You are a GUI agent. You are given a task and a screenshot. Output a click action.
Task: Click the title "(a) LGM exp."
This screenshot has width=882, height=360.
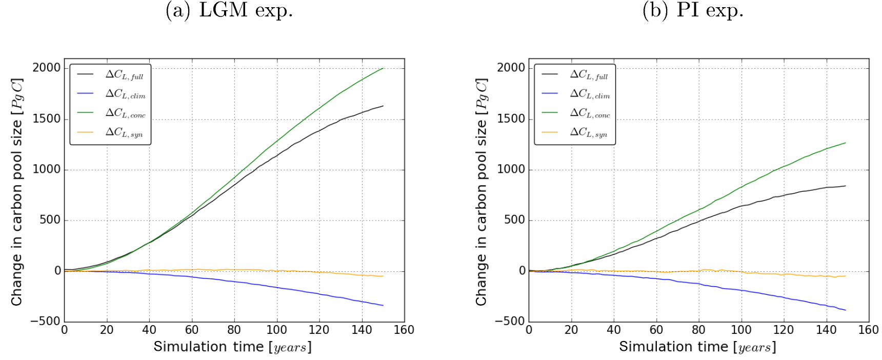229,10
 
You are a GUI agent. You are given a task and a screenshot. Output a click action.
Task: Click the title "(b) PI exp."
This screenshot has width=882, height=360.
693,10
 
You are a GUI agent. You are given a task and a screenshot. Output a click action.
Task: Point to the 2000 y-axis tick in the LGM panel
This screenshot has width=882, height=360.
46,68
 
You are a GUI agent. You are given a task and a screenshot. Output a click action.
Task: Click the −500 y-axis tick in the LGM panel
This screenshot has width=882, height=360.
45,322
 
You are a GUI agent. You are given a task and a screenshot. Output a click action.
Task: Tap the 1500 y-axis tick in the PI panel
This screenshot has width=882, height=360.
511,119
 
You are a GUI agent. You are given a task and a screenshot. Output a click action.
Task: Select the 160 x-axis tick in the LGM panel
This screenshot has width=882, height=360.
404,330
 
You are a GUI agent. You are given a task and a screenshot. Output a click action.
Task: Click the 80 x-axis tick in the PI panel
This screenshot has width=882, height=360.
698,330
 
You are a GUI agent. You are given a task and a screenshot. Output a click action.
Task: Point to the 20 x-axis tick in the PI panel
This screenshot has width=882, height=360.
571,330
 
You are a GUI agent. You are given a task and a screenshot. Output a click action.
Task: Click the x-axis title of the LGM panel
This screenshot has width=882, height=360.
233,347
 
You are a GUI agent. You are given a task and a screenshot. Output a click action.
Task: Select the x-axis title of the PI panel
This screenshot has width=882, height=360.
697,347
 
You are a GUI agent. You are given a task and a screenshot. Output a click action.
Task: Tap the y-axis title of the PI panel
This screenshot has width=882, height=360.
481,192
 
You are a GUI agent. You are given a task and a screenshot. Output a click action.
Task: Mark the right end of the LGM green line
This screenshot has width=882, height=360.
383,68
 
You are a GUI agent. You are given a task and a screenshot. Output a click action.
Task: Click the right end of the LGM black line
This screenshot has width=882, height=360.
383,106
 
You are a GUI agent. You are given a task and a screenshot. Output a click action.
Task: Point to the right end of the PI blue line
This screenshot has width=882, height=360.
845,310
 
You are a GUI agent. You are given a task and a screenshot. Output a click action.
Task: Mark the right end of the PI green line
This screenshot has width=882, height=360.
845,143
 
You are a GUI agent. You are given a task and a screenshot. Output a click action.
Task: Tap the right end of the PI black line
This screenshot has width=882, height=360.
845,186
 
